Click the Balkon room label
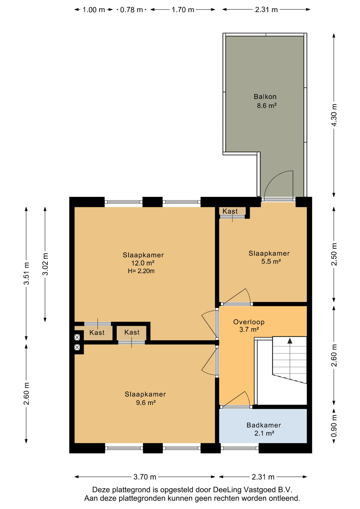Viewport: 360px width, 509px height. click(x=265, y=97)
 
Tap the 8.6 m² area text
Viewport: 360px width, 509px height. click(x=267, y=106)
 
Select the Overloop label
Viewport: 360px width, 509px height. click(x=249, y=322)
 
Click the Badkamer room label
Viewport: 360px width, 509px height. click(x=264, y=425)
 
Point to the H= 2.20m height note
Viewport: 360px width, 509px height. click(x=141, y=271)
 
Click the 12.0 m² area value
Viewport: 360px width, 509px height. click(x=143, y=263)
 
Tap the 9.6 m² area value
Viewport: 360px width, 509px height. click(x=146, y=403)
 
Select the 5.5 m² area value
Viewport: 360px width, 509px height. click(x=271, y=262)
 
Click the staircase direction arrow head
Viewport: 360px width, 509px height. click(x=290, y=341)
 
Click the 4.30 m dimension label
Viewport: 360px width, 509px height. click(x=334, y=115)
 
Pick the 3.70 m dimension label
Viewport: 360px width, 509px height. click(x=145, y=477)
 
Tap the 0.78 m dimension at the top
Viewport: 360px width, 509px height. click(x=131, y=10)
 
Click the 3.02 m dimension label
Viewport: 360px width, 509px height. click(x=45, y=264)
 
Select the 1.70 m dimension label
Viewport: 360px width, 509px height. click(x=183, y=10)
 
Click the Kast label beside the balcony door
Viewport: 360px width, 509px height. click(x=230, y=211)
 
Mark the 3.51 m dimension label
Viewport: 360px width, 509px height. click(x=26, y=273)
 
